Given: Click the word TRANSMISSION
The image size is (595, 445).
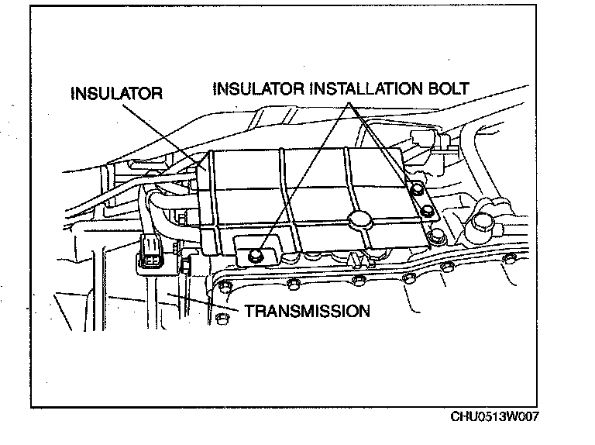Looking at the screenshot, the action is tap(307, 312).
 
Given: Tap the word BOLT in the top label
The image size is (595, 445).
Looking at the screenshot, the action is tap(449, 88).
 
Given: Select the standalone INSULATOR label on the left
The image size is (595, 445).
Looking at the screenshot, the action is tap(116, 94).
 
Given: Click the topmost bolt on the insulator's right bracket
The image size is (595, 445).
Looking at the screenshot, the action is tap(417, 188).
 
